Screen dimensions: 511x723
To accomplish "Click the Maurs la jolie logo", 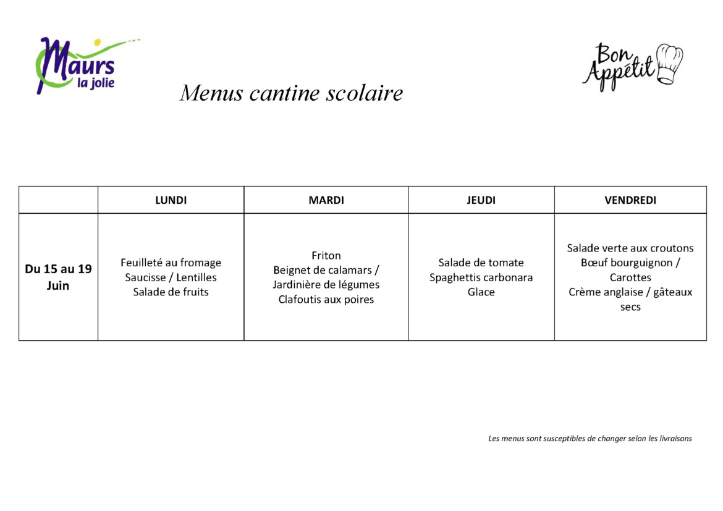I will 77,65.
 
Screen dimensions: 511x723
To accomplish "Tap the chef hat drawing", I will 670,64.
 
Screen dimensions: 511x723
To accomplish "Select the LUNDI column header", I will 171,200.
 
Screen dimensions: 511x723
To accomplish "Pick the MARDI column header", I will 326,200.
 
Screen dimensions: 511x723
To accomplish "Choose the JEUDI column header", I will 481,200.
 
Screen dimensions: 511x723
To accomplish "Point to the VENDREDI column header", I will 630,200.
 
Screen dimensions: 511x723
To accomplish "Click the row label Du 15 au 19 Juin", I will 58,277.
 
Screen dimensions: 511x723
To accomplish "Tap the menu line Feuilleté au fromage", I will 171,263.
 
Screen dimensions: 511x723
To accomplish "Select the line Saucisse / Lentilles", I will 171,277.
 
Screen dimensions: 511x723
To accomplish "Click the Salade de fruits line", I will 171,292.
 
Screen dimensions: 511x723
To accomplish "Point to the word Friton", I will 326,256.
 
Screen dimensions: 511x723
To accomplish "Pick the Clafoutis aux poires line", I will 326,300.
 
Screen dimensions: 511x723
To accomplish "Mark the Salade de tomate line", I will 481,263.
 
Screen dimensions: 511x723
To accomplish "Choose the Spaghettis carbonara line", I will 481,277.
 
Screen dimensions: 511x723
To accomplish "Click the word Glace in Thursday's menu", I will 481,292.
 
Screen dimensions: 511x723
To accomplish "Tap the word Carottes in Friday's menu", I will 630,277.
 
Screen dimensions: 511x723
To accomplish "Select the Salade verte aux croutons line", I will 630,248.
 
